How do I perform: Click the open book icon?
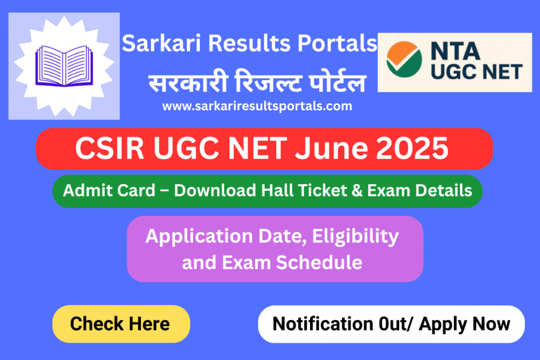point(64,66)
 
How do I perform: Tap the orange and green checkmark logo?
point(404,60)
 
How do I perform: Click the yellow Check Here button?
point(120,324)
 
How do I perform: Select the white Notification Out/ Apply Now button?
point(391,324)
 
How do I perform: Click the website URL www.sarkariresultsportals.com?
point(257,106)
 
